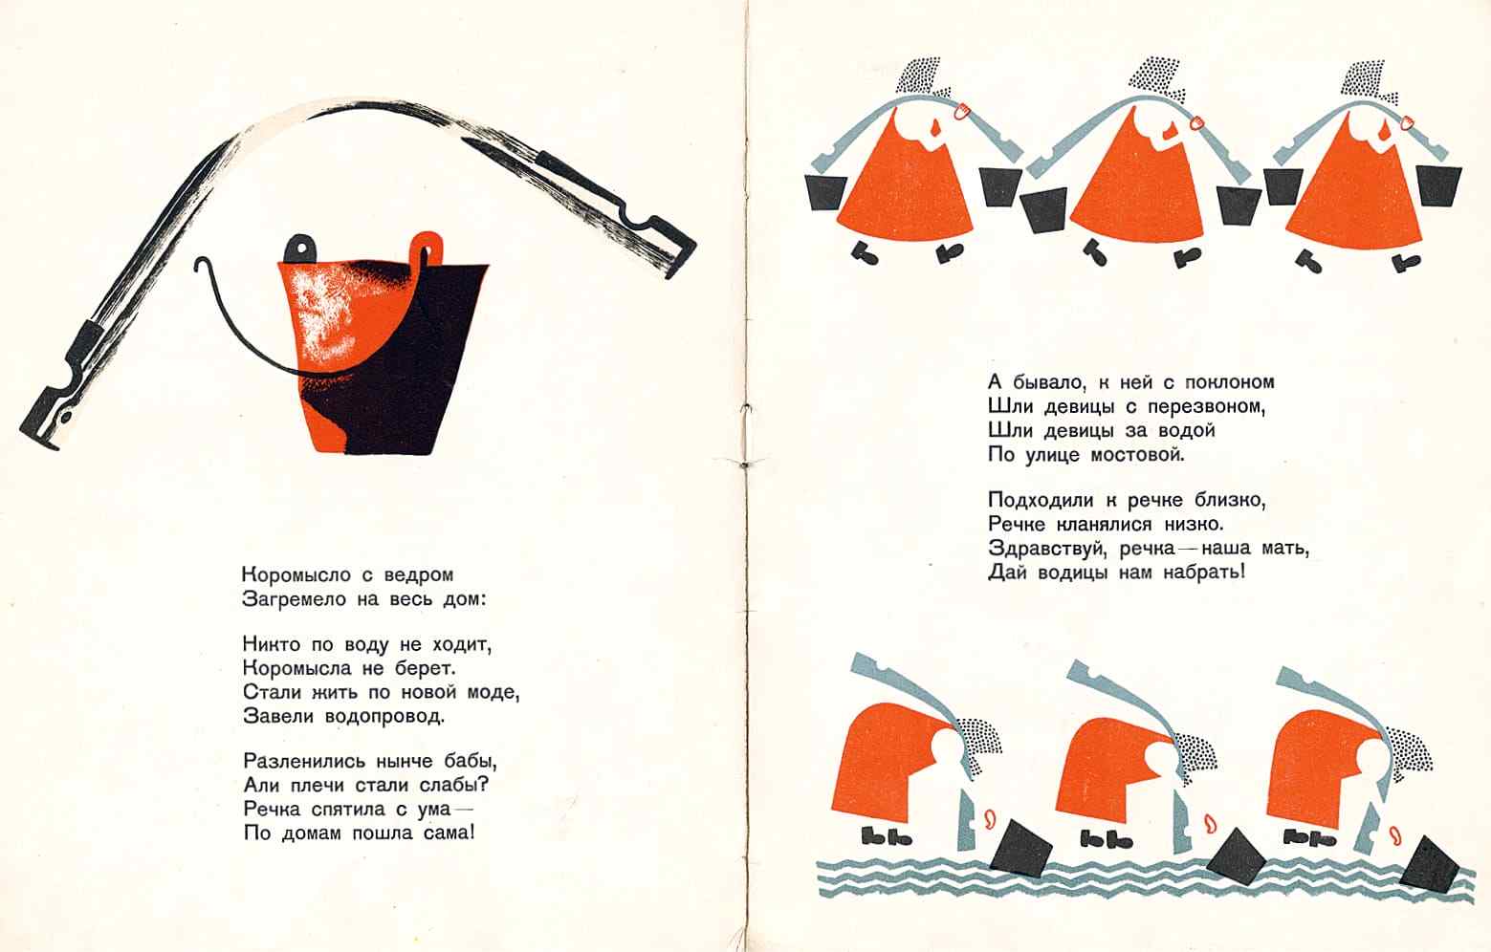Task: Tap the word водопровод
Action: pyautogui.click(x=384, y=717)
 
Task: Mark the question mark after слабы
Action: pyautogui.click(x=483, y=785)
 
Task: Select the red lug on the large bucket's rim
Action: pyautogui.click(x=427, y=247)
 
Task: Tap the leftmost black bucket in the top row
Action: pyautogui.click(x=825, y=192)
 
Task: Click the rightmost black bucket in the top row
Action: pyautogui.click(x=1439, y=185)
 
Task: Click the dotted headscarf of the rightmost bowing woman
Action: pyautogui.click(x=1407, y=756)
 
